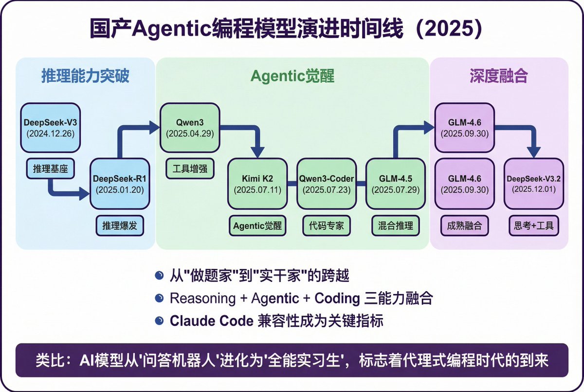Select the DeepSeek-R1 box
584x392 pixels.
pos(120,184)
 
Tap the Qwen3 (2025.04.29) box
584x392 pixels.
pos(190,127)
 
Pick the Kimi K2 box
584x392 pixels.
pos(258,184)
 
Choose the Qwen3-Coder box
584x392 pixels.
pos(326,184)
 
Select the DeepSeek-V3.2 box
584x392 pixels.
pos(534,184)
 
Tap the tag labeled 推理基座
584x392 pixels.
pos(50,170)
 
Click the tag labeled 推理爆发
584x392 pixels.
pos(120,226)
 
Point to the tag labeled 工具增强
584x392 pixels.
pos(190,170)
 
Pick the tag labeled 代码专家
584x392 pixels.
pos(326,226)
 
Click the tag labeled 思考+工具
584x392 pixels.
pos(534,226)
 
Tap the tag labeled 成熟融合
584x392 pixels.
pos(464,226)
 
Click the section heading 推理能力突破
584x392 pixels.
pos(85,76)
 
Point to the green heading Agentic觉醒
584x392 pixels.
pos(292,76)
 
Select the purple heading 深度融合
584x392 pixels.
pos(499,76)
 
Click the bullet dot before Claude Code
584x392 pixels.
pos(159,320)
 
